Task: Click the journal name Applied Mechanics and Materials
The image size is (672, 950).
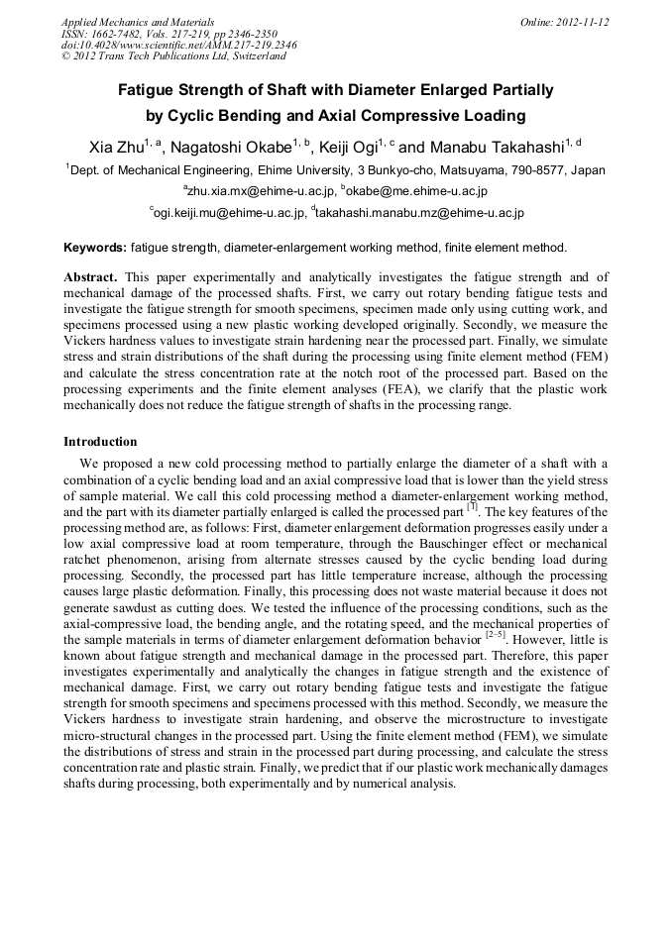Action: tap(137, 21)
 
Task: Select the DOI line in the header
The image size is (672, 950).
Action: tap(178, 46)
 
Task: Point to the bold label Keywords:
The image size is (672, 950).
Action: tap(95, 248)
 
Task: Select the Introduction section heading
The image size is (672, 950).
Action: tap(100, 442)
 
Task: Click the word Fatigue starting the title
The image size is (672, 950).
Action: tap(151, 90)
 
